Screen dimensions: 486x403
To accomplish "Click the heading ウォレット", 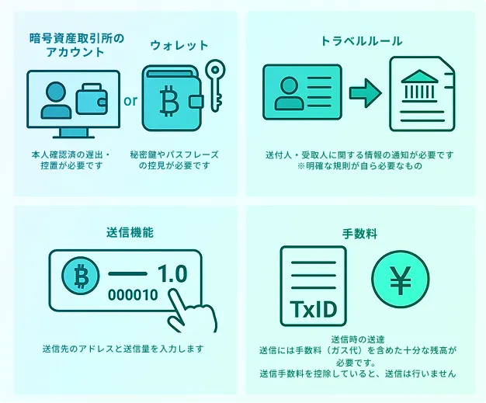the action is tap(179, 46).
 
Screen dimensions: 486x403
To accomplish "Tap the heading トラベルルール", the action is tap(361, 41).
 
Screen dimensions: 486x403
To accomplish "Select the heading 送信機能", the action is tap(130, 232).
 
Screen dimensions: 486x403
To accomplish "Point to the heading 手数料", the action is tap(360, 234).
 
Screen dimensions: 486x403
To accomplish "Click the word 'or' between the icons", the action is tap(130, 101).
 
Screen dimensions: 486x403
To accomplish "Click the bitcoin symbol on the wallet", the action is tap(169, 101).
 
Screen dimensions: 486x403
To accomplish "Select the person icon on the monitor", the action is tap(56, 100).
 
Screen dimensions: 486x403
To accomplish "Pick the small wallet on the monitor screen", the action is tap(92, 99).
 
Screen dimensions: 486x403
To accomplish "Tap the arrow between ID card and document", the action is tap(366, 93).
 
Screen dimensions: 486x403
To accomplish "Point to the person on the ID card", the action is tap(289, 93).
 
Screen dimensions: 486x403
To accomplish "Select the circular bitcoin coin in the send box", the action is tap(81, 276).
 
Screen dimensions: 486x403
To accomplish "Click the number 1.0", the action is tap(172, 273).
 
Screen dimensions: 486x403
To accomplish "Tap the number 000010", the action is tap(133, 295).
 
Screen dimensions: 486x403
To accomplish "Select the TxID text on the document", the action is tap(313, 309).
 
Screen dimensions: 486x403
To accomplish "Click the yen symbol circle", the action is tap(400, 280).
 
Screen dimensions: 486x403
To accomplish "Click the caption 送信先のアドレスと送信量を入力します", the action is tap(123, 349).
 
